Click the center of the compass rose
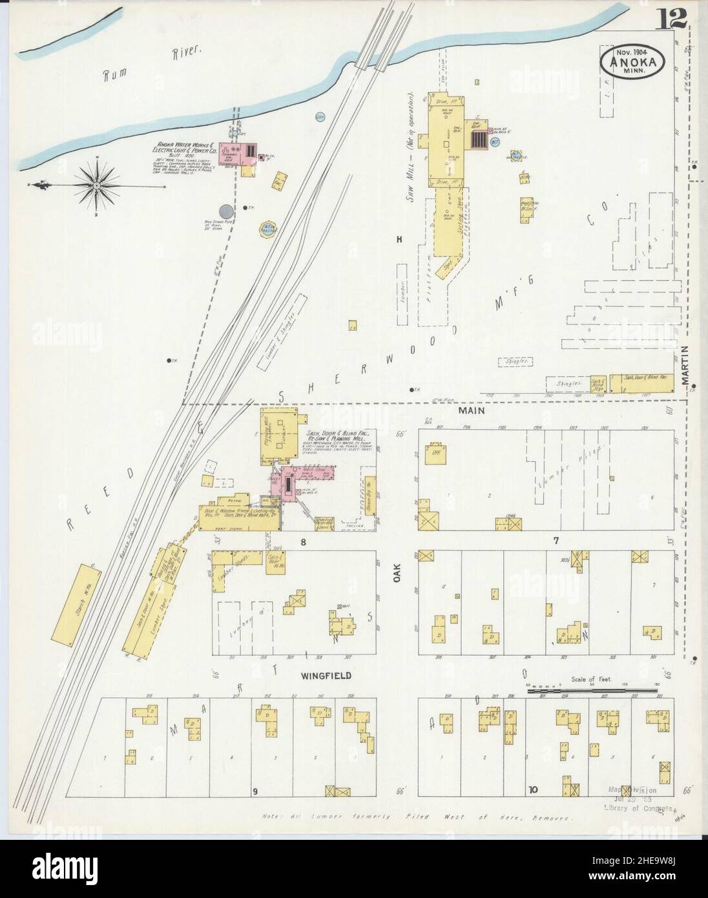click(x=96, y=186)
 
